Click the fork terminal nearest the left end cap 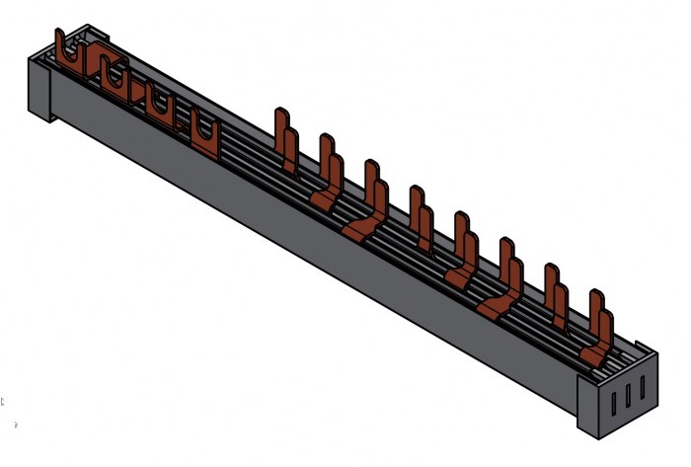click(68, 53)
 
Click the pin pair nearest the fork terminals click(286, 139)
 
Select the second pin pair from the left click(330, 168)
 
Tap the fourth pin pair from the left click(421, 217)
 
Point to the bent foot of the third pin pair click(360, 229)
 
